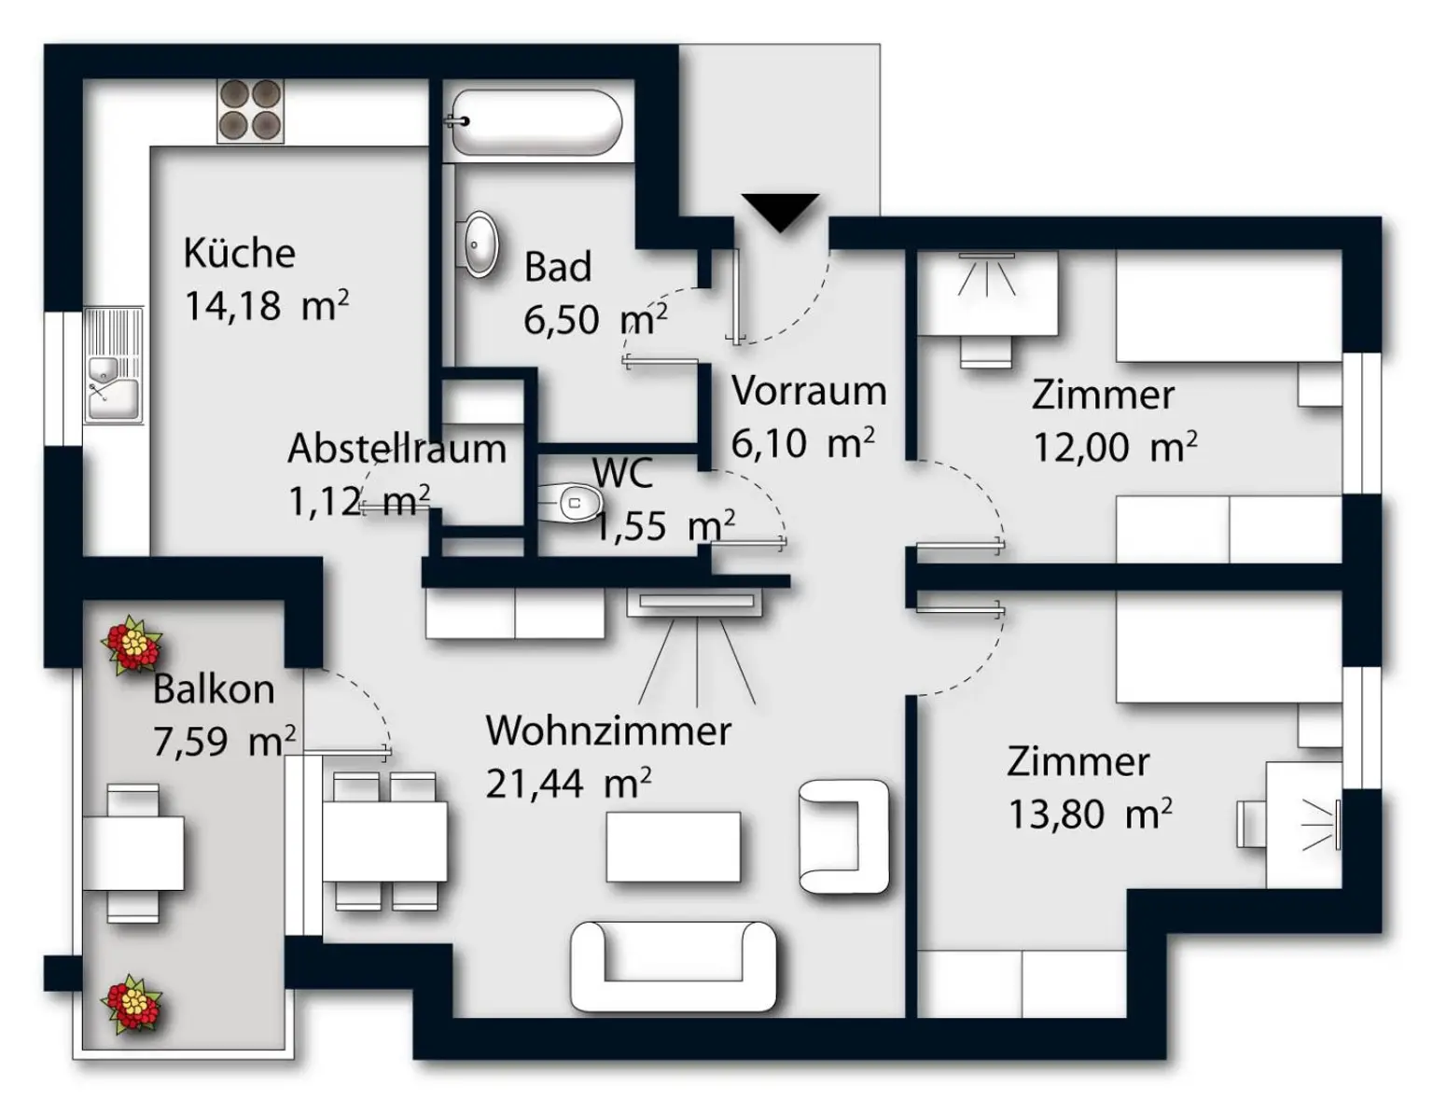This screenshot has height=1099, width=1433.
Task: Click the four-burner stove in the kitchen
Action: (x=250, y=110)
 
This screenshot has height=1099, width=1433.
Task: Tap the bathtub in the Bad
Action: (x=533, y=122)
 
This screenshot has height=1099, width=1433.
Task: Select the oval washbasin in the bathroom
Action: (x=480, y=244)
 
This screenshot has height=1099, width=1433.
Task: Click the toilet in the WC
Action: (x=567, y=503)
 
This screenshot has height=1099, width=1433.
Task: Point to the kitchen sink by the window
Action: (x=113, y=366)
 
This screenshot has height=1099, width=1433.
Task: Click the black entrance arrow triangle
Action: (x=780, y=211)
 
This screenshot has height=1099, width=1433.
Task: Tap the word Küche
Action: (x=239, y=253)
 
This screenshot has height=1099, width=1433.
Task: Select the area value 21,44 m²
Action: (x=567, y=784)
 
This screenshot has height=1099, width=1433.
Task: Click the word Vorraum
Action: (x=808, y=391)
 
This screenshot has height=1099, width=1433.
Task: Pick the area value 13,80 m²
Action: (x=1089, y=814)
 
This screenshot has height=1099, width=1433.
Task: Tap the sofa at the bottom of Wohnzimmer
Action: (x=673, y=967)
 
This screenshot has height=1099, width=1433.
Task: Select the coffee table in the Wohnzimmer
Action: (x=673, y=847)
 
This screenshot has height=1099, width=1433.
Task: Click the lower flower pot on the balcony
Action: (x=132, y=1004)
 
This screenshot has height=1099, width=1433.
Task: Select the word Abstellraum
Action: (x=397, y=449)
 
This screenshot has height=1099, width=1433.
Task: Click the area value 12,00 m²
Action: (x=1114, y=448)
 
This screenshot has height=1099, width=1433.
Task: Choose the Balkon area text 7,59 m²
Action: (x=224, y=742)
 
